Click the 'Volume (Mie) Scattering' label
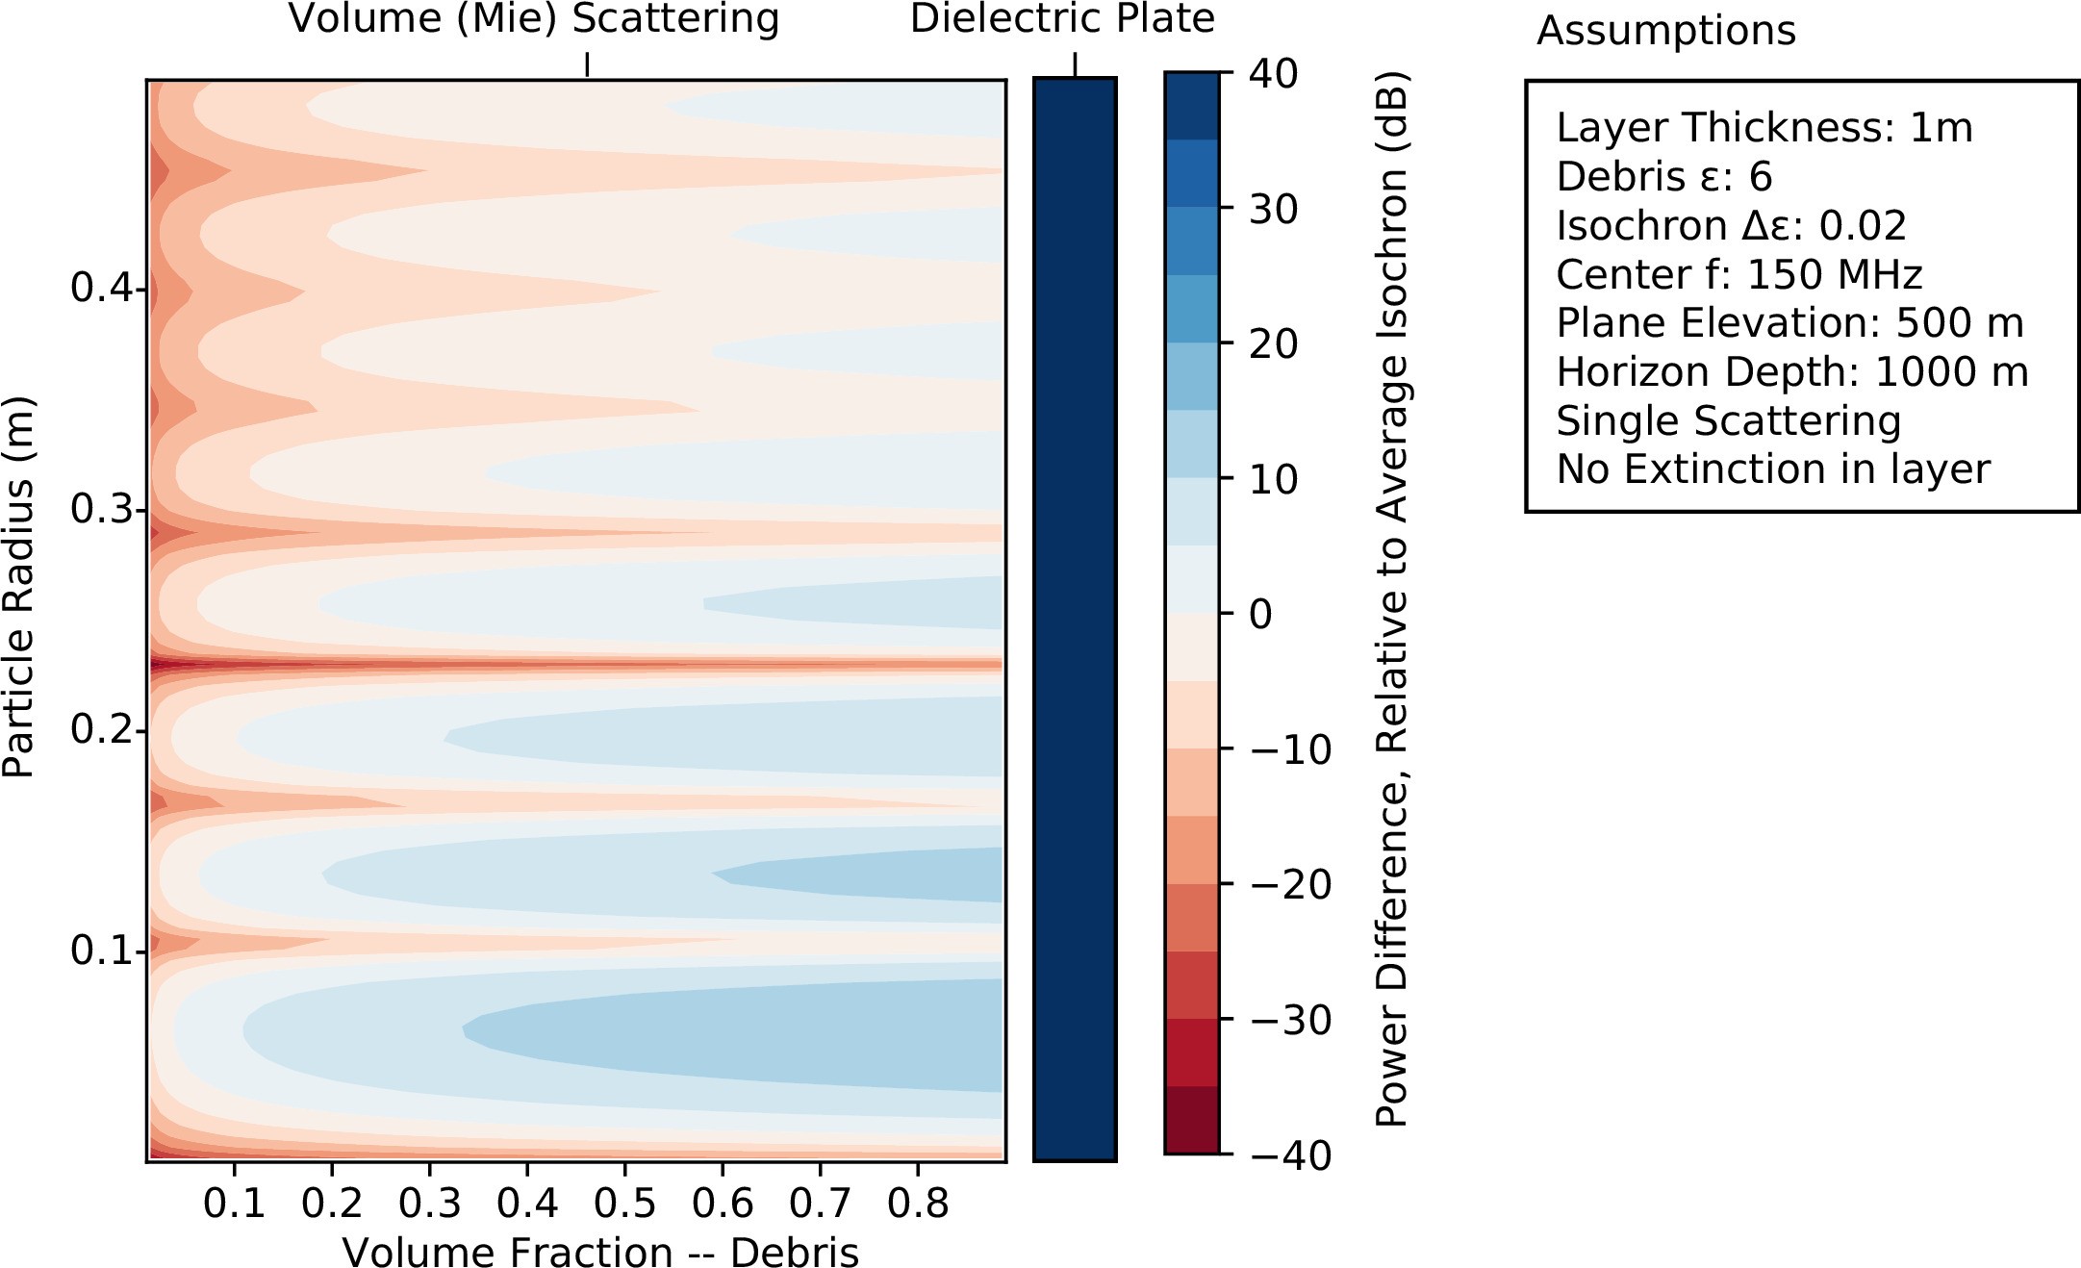[534, 19]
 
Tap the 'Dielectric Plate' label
[1062, 19]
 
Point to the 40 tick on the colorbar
[1273, 74]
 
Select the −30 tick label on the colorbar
[1291, 1021]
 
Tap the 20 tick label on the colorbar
[1273, 344]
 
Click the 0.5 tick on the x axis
[624, 1204]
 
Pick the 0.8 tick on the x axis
[918, 1204]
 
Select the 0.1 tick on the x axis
[234, 1204]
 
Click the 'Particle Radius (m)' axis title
[19, 587]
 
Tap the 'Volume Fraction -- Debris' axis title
[600, 1252]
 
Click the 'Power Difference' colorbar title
[1391, 598]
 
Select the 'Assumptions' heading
[1665, 31]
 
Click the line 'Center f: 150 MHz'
[1738, 275]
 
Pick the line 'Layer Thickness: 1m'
[1764, 128]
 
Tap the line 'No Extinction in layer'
[1772, 469]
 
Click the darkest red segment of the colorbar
[1192, 1120]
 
